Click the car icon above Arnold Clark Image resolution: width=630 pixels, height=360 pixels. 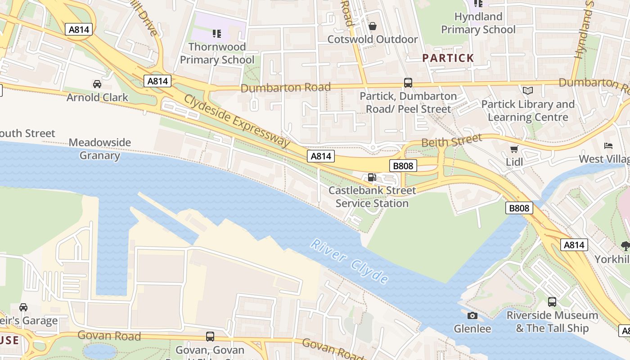coord(97,84)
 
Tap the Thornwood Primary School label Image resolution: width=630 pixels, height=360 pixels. coord(217,53)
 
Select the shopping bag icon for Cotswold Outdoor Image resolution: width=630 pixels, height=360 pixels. coord(372,26)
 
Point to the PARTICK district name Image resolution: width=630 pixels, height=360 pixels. coord(448,58)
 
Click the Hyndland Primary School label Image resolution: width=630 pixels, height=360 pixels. coord(478,23)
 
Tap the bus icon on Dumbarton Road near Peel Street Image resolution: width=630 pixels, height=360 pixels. coord(408,83)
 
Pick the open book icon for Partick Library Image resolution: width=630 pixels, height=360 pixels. coord(527,91)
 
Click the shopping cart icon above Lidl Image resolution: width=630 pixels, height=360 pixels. coord(514,149)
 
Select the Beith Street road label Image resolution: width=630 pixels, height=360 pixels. coord(451,141)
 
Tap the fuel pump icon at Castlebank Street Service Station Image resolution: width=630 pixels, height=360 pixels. coord(372,177)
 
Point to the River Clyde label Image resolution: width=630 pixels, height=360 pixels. coord(350,262)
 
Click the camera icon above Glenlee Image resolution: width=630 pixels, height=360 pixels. coord(472,315)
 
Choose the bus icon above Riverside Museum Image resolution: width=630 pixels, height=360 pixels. coord(552,302)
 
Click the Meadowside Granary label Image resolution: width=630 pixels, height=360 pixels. coord(99,149)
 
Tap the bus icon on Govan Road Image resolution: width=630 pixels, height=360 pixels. coord(210,336)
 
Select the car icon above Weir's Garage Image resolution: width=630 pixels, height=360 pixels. coord(23,307)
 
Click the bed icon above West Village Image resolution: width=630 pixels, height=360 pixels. coord(608,146)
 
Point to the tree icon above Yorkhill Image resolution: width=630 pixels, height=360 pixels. coord(625,246)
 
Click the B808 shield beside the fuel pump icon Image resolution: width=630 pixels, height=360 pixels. coord(403,166)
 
